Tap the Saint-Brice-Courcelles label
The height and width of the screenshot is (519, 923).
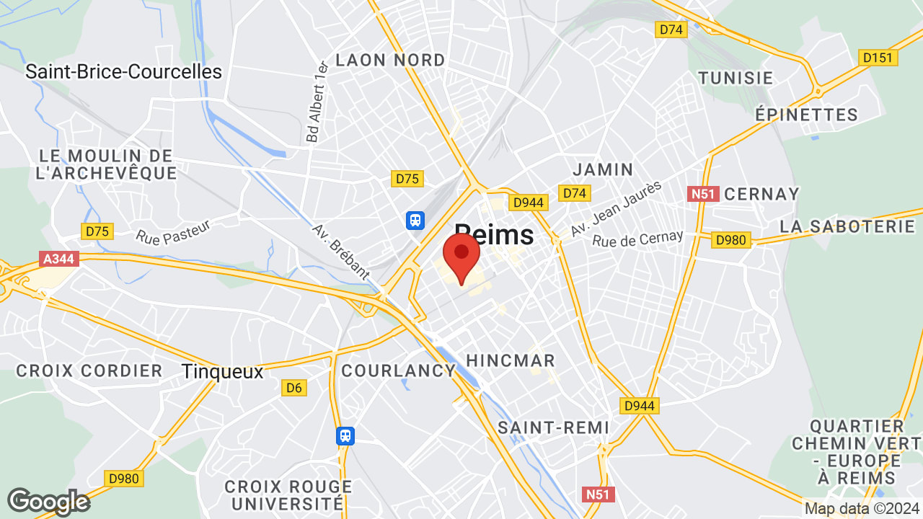[x=123, y=72]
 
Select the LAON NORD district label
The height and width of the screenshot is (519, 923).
[x=390, y=60]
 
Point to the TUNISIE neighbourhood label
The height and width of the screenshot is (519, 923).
[x=736, y=78]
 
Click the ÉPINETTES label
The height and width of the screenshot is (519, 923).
[x=807, y=115]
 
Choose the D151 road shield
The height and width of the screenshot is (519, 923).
[x=878, y=58]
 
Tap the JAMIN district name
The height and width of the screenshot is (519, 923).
[x=603, y=170]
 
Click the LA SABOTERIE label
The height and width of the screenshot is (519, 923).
[x=847, y=226]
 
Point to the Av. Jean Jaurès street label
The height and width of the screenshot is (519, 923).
[x=616, y=209]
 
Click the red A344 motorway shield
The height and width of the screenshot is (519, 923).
[x=58, y=258]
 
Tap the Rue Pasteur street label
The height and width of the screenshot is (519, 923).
[x=173, y=231]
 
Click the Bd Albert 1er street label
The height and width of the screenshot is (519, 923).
[x=317, y=102]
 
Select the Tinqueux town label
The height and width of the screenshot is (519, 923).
[x=222, y=371]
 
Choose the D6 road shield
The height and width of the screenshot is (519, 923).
[x=293, y=388]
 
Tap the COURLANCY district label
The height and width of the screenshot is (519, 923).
[x=398, y=371]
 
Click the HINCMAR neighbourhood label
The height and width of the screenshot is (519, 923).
[x=511, y=360]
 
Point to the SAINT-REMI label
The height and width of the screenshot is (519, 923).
[x=554, y=427]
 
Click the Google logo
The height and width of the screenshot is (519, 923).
[x=48, y=502]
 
